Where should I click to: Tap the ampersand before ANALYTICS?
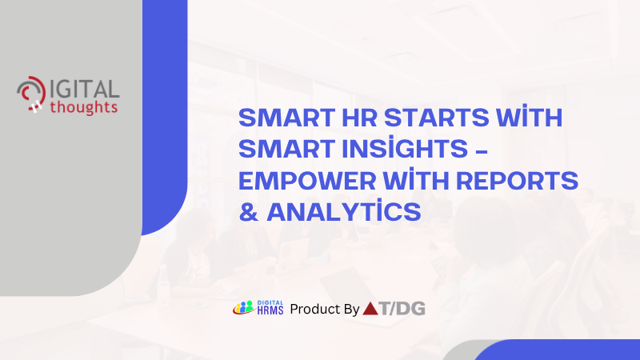point(248,213)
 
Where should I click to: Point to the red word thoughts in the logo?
point(83,106)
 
